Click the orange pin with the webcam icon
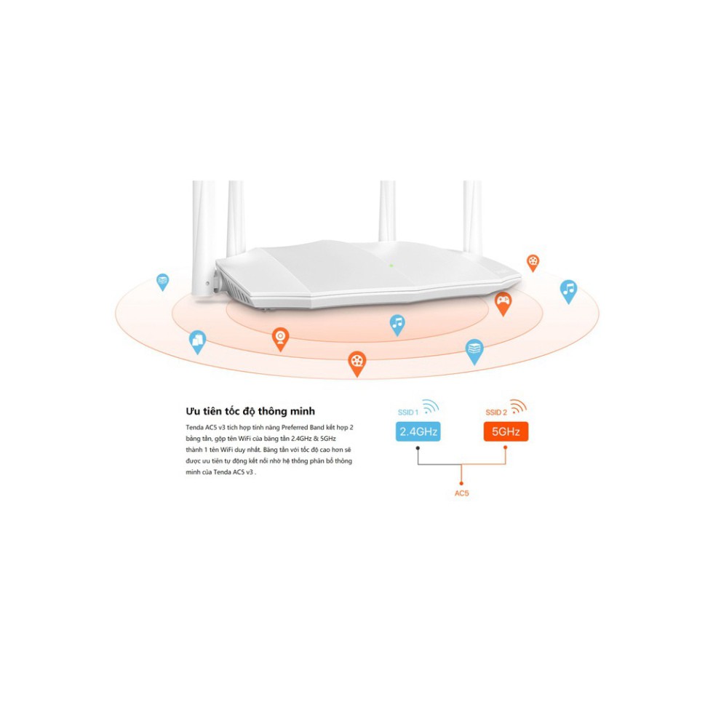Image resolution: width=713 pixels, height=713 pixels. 280,338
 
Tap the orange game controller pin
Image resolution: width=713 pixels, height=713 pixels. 503,301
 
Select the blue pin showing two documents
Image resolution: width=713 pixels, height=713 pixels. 197,340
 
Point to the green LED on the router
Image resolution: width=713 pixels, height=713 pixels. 391,265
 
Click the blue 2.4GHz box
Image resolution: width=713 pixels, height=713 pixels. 418,432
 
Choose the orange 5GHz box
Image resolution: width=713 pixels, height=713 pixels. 506,432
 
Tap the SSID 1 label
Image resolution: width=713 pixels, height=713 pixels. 408,413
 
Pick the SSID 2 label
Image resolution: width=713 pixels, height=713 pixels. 496,413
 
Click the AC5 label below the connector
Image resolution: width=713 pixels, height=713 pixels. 462,494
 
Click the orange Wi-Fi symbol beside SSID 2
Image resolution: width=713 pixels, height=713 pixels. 518,406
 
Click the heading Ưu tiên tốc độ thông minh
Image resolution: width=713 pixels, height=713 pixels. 250,411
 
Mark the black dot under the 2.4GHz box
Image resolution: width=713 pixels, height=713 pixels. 418,447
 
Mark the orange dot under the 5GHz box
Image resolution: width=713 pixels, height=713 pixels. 506,447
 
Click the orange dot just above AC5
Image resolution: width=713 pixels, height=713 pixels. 462,482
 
